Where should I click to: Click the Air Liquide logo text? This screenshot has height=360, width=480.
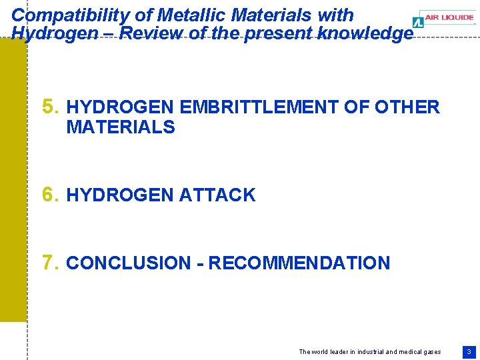pyautogui.click(x=451, y=18)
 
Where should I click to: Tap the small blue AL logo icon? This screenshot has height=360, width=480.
pyautogui.click(x=417, y=22)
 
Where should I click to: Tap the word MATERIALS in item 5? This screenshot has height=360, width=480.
pyautogui.click(x=121, y=127)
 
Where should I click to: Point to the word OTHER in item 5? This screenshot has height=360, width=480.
pyautogui.click(x=407, y=107)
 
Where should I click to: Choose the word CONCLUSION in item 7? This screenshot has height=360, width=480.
pyautogui.click(x=128, y=263)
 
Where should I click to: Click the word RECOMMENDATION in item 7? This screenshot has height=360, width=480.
pyautogui.click(x=299, y=263)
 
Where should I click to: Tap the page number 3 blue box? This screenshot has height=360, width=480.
pyautogui.click(x=469, y=351)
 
